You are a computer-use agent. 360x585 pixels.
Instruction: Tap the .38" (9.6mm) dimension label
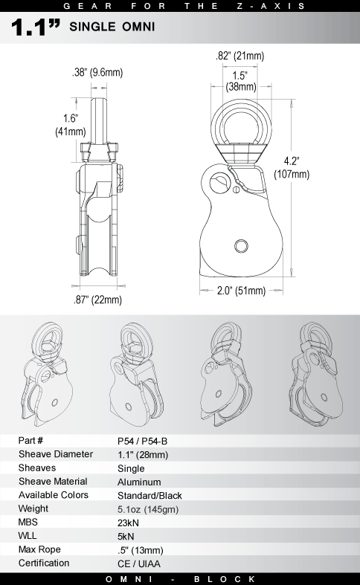click(x=97, y=73)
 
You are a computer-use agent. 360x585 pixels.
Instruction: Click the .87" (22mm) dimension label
click(x=97, y=300)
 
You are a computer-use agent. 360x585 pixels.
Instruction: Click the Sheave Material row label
click(x=53, y=482)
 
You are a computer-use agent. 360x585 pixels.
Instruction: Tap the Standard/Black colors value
click(x=150, y=495)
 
